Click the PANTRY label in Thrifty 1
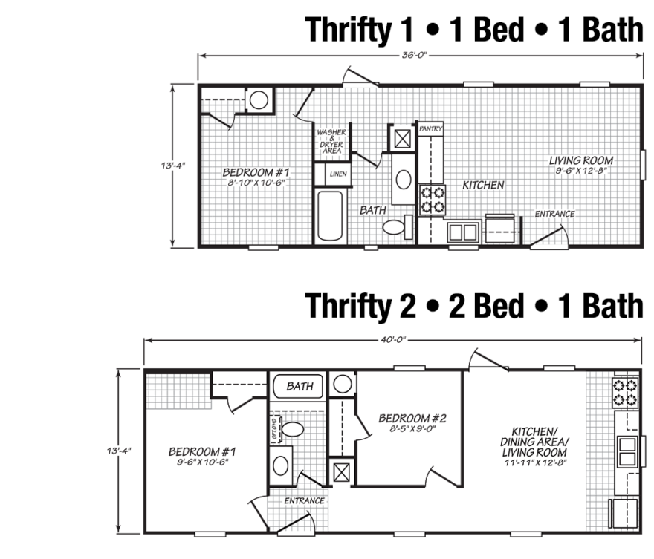[430, 129]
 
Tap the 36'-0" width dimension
[415, 55]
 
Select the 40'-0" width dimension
[393, 339]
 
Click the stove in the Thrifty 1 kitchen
[433, 200]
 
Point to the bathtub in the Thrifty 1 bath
[330, 216]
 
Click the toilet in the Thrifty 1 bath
[398, 227]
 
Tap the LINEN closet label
[338, 174]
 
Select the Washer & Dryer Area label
[331, 141]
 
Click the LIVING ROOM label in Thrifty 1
[581, 160]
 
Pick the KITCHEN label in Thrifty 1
[483, 185]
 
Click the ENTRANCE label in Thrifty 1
[554, 214]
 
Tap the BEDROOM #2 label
[412, 418]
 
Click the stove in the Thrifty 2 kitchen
[625, 393]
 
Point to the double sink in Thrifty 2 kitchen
[627, 452]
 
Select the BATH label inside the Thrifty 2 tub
[300, 387]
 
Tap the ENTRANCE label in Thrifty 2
[305, 500]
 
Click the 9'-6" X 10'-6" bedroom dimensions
[203, 462]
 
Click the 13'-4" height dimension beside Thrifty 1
[173, 166]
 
